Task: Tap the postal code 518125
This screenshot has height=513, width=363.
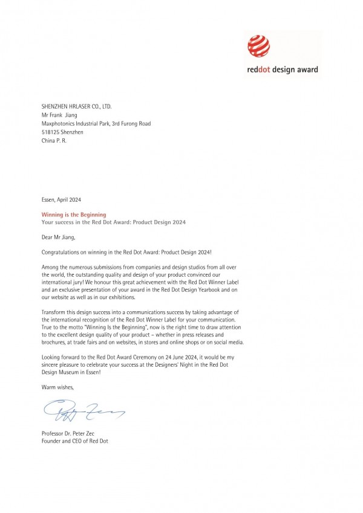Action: (51, 132)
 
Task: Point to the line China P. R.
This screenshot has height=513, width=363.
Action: (54, 140)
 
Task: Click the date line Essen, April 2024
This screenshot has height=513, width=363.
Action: (61, 199)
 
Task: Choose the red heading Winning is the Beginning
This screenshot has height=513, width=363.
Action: (74, 215)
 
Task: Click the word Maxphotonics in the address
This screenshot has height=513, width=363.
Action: (60, 123)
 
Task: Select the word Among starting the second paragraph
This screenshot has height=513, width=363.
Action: (51, 266)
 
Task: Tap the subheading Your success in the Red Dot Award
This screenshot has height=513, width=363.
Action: (114, 222)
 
